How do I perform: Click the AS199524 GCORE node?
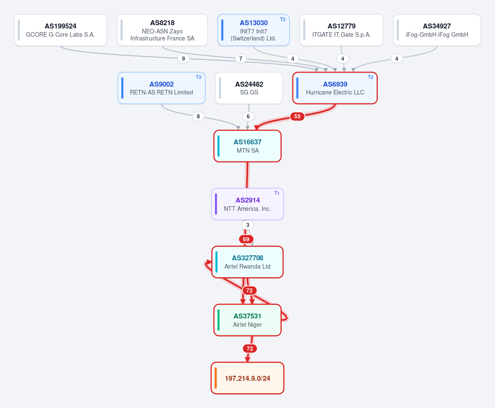coord(61,30)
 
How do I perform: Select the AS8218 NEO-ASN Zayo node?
coord(162,30)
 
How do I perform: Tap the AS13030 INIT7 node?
coord(253,30)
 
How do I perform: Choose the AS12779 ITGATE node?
coord(342,30)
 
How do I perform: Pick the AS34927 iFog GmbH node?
coord(437,30)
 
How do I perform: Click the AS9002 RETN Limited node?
coord(161,88)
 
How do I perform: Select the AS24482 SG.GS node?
coord(249,88)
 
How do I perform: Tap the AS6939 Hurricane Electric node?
coord(335,88)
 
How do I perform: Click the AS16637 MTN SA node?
coord(247,146)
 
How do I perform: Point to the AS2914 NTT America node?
coord(247,204)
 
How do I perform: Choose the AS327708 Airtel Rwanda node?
coord(247,262)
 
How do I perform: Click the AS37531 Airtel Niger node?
coord(247,320)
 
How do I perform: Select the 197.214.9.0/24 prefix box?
coord(247,378)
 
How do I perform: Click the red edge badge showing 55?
coord(297,116)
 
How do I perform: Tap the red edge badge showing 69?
coord(246,239)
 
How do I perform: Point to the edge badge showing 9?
coord(184,59)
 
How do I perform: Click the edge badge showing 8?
coord(198,116)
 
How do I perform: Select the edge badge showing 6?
coord(248,116)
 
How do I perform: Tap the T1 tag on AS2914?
coord(277,193)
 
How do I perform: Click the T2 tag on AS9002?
coord(199,77)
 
